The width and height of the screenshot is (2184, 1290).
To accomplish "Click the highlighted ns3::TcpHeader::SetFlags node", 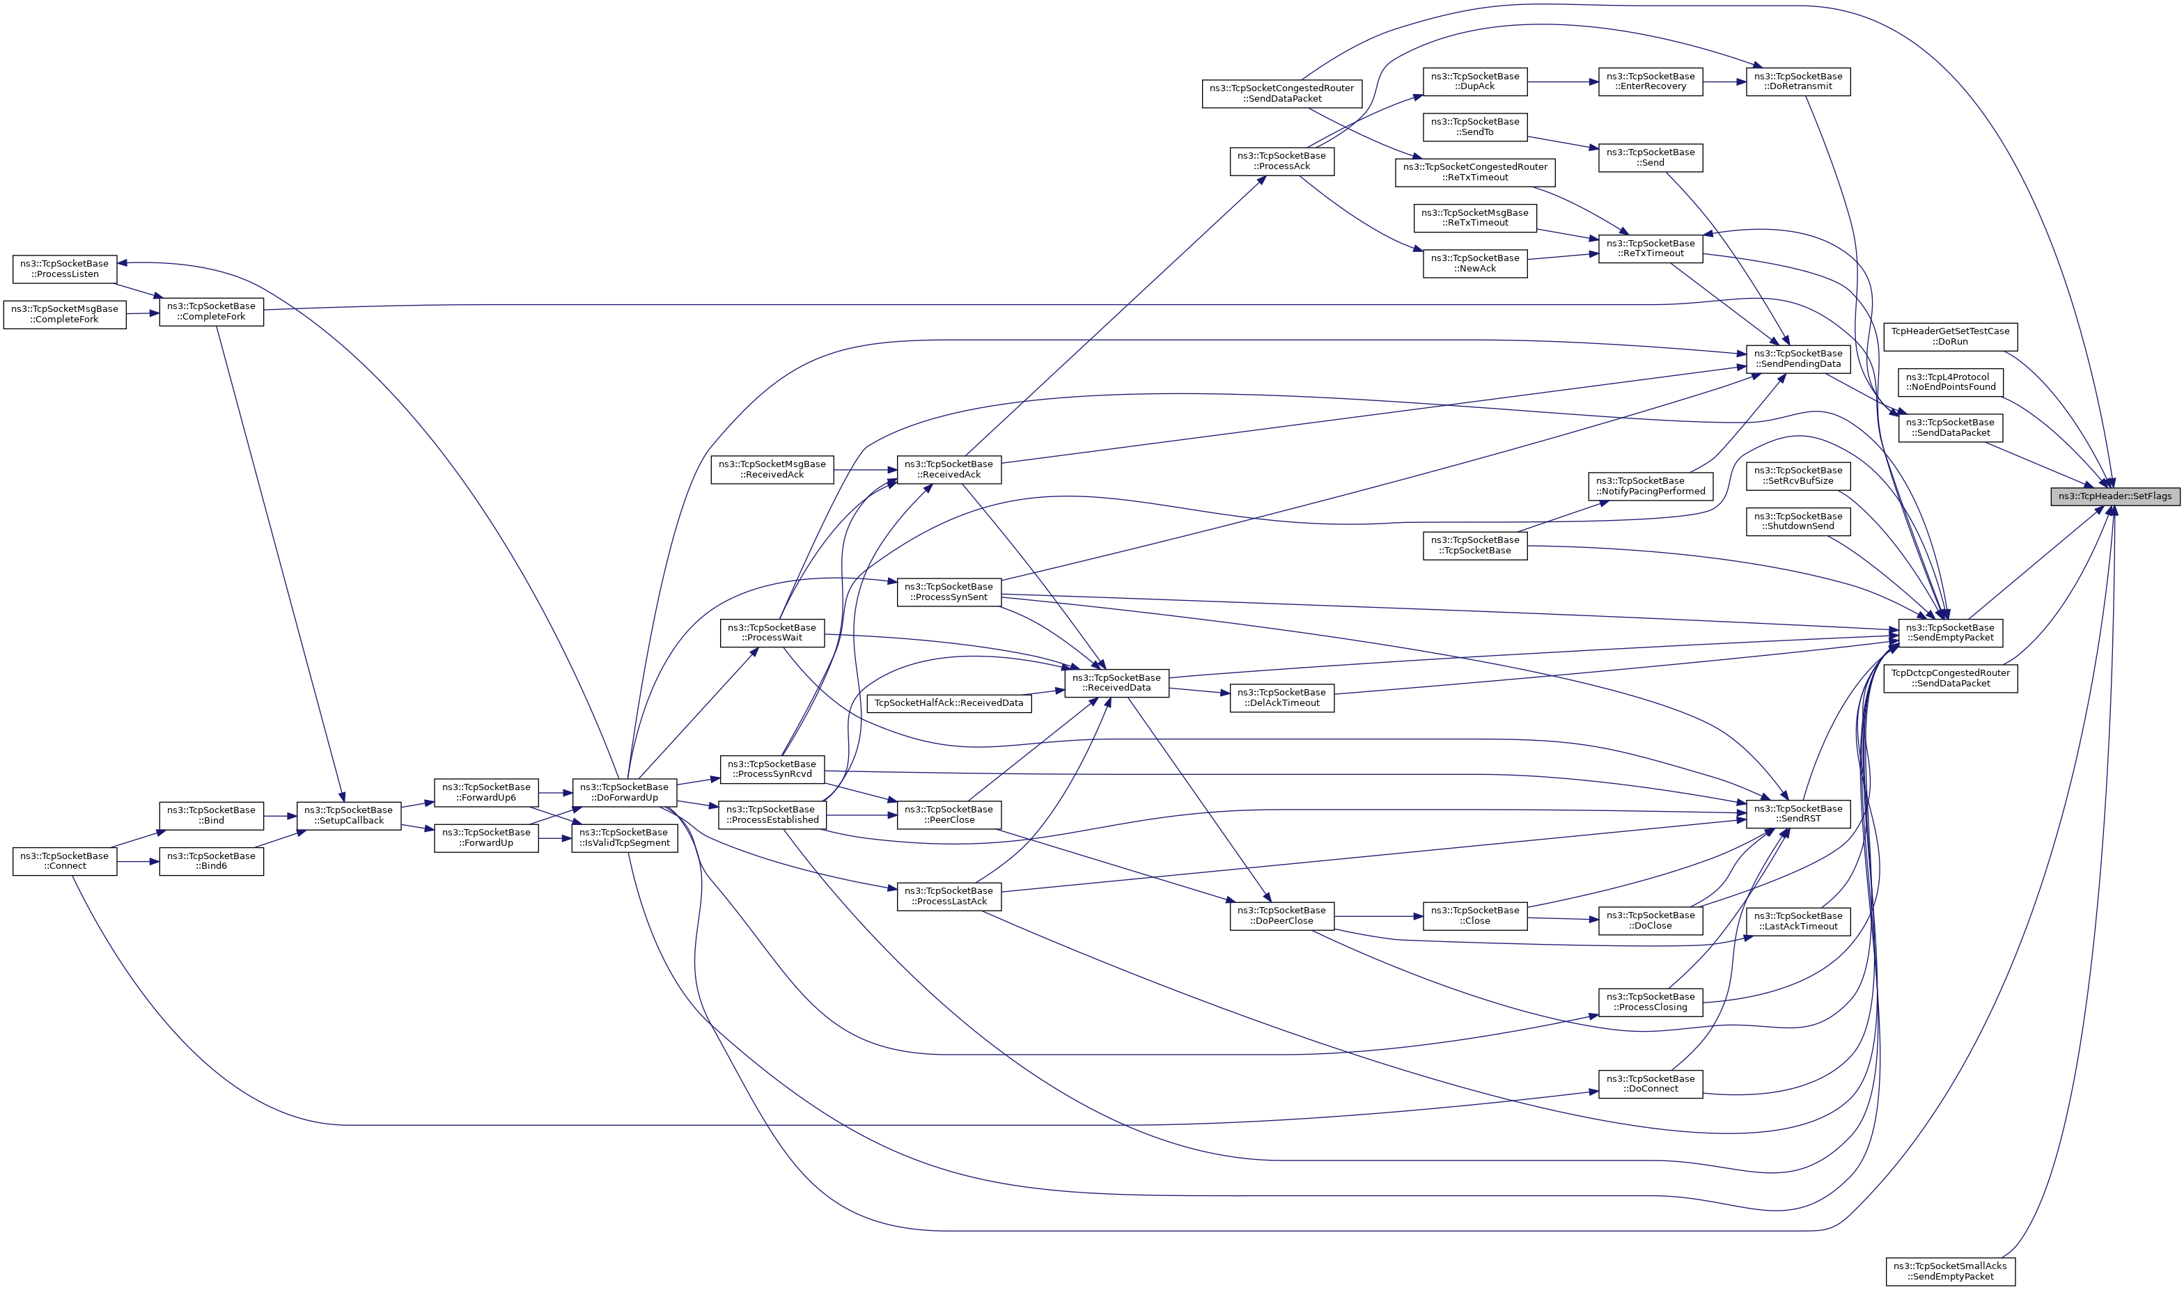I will [x=2115, y=496].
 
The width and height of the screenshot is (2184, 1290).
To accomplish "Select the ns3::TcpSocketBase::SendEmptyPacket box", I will [x=1950, y=632].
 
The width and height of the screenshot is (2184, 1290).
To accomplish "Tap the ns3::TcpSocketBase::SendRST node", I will [x=1798, y=814].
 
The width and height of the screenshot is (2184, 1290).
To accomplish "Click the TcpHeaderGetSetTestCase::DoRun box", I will [x=1950, y=336].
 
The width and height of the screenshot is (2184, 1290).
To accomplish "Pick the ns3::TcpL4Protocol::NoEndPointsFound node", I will [x=1950, y=382].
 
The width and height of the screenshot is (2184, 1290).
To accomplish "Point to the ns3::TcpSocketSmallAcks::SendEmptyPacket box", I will [x=1950, y=1271].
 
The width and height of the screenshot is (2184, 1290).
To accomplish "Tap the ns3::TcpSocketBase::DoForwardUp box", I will [x=624, y=792].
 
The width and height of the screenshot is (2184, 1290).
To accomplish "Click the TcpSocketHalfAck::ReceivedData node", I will [x=949, y=702].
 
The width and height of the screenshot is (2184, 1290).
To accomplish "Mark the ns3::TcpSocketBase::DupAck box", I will [x=1474, y=81].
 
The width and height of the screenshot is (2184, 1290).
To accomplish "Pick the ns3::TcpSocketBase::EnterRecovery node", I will [x=1650, y=81].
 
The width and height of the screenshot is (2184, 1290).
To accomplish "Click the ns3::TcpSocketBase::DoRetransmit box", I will [x=1798, y=81].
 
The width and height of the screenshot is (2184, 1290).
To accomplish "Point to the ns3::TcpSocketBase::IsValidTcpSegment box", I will [x=624, y=837].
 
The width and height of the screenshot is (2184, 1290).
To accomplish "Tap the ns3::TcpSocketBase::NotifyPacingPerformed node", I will [x=1650, y=486].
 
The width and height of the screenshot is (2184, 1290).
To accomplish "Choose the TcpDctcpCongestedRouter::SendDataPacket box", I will [x=1950, y=678].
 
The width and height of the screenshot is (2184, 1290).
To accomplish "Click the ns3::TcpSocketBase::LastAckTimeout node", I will [x=1798, y=920].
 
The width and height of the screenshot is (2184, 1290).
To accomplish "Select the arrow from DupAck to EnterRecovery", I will [x=1562, y=81].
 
